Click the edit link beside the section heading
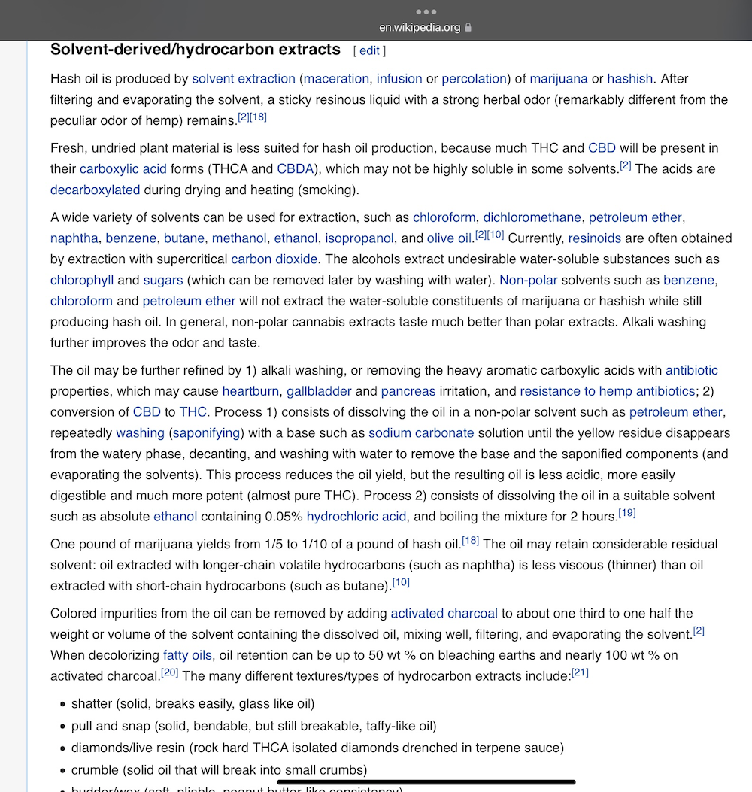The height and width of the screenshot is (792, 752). click(369, 50)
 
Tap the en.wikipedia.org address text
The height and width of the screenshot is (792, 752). click(419, 28)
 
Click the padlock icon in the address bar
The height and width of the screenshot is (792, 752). click(468, 28)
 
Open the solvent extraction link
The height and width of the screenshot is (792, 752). click(244, 78)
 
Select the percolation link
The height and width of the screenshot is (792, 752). click(475, 78)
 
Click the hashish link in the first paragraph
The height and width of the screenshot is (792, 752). click(630, 78)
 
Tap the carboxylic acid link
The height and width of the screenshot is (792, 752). click(123, 168)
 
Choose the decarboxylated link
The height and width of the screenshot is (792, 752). click(96, 190)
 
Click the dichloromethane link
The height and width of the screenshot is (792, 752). click(532, 217)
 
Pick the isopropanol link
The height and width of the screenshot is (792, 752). click(359, 238)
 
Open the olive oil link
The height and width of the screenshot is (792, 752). click(450, 238)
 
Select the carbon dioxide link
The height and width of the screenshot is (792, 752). click(274, 259)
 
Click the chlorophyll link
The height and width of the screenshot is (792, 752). click(82, 280)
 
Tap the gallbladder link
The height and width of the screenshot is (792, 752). click(319, 391)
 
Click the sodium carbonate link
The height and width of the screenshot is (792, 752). click(421, 433)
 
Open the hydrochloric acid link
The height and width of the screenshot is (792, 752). click(356, 517)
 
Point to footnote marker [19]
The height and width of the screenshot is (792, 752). click(627, 514)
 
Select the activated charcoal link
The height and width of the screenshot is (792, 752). click(444, 613)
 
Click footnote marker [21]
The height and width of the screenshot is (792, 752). click(580, 672)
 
